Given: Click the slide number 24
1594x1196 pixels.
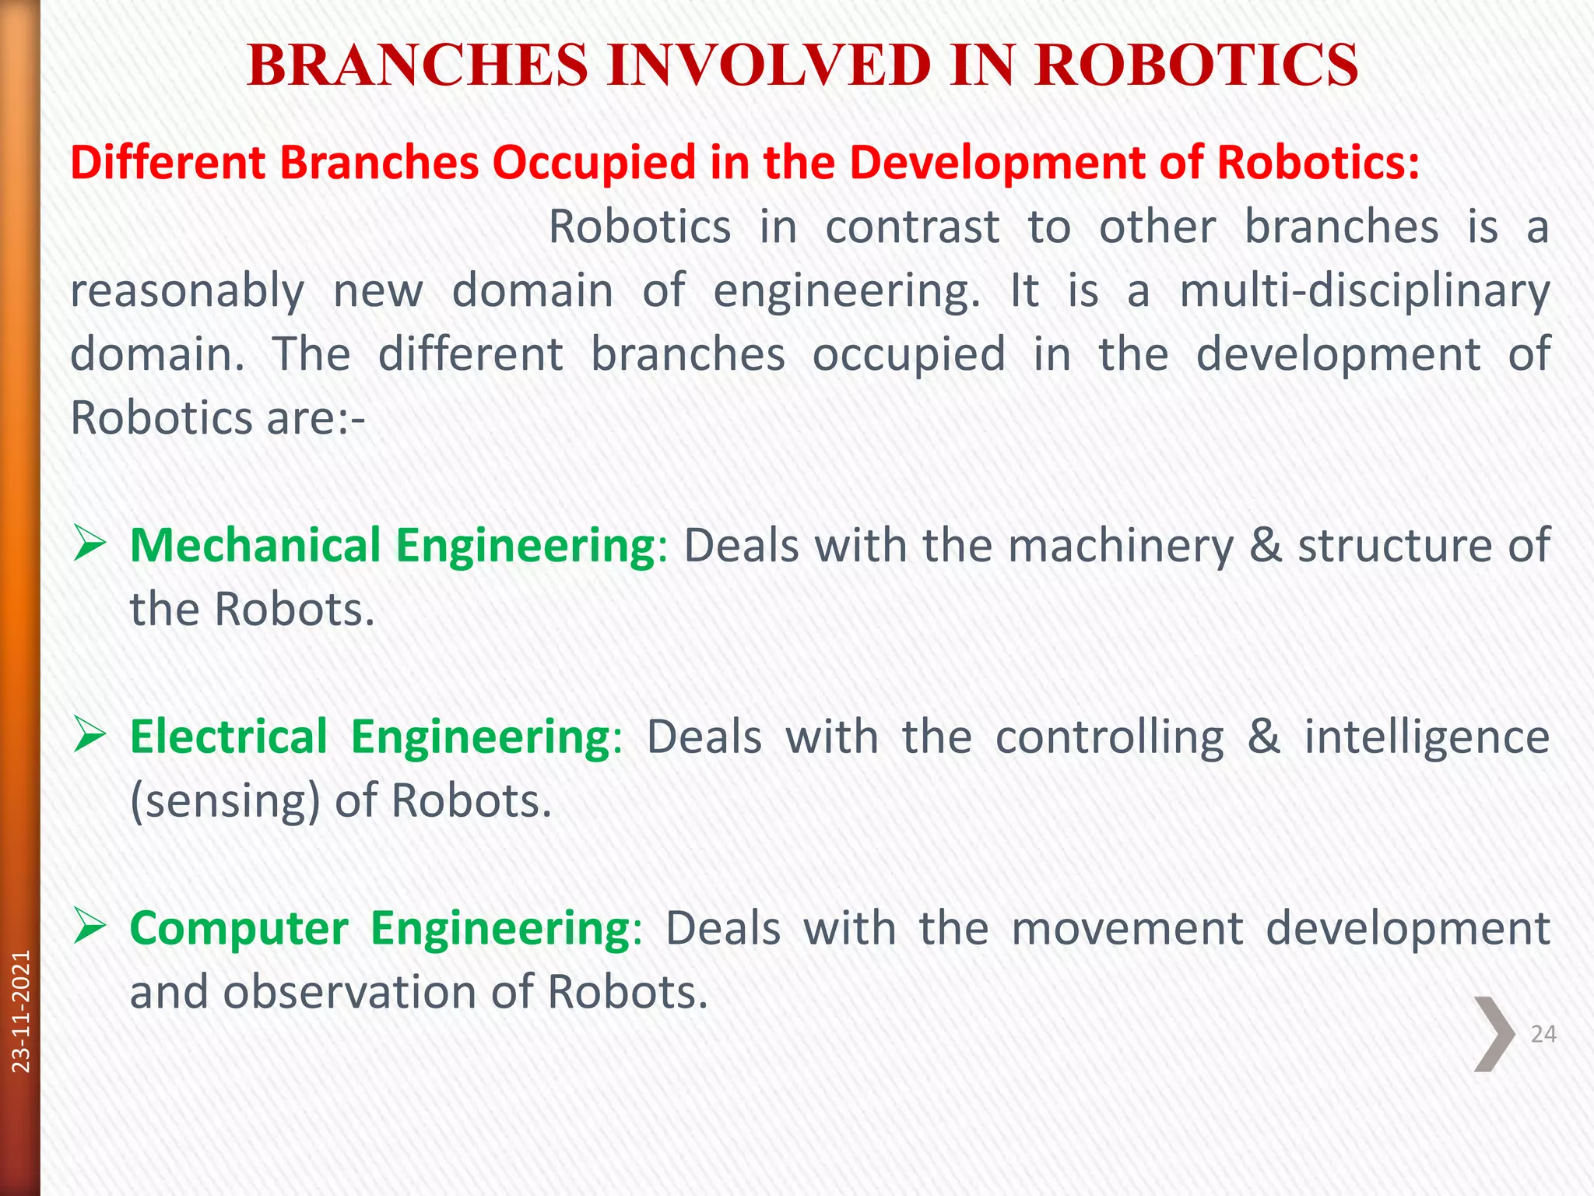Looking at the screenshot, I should pos(1543,1034).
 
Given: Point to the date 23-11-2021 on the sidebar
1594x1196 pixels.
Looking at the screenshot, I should pos(21,1011).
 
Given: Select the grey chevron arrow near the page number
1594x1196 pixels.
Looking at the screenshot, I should pos(1494,1034).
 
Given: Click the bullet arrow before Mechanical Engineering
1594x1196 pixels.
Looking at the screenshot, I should pos(89,544).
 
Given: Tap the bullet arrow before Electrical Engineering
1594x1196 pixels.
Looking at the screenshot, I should pos(89,736).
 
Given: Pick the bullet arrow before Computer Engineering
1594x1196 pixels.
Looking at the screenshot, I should pos(89,927).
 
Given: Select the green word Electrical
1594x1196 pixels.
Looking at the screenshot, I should pos(229,736).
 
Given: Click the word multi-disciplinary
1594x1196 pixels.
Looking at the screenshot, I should pos(1364,291).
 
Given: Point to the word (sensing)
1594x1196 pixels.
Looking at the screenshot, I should pos(225,801).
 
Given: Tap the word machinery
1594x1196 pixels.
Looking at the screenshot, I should pos(1121,544).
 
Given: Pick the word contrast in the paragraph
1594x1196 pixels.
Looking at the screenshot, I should pos(912,227).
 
